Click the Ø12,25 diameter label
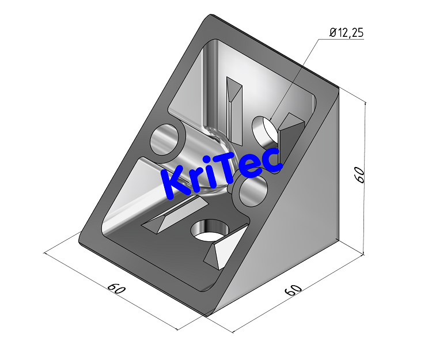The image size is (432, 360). pos(347,33)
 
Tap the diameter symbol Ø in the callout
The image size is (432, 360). pos(333,33)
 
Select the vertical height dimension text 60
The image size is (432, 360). pos(359,175)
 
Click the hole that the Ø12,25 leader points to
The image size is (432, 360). pos(265,131)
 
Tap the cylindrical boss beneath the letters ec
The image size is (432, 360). pos(251,192)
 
